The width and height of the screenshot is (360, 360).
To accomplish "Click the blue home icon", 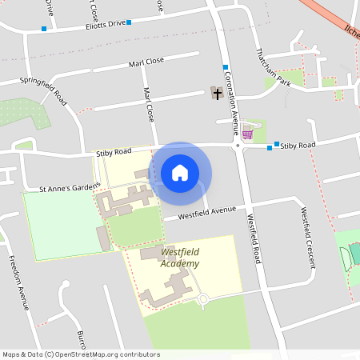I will click(180, 173).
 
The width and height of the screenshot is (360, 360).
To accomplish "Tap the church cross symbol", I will click(217, 93).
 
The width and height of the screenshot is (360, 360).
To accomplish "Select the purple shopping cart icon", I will click(247, 134).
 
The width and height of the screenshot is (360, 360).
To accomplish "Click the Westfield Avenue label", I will click(207, 213).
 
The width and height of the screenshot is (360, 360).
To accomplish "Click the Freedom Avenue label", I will click(25, 282).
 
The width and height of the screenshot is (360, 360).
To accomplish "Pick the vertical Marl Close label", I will click(148, 104).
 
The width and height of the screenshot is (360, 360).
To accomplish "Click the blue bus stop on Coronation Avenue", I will click(226, 66).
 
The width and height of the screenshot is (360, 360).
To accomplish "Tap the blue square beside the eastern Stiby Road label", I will click(276, 145).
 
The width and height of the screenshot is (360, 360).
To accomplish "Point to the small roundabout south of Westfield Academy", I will click(202, 300).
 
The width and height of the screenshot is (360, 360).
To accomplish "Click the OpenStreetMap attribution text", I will click(81, 354).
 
